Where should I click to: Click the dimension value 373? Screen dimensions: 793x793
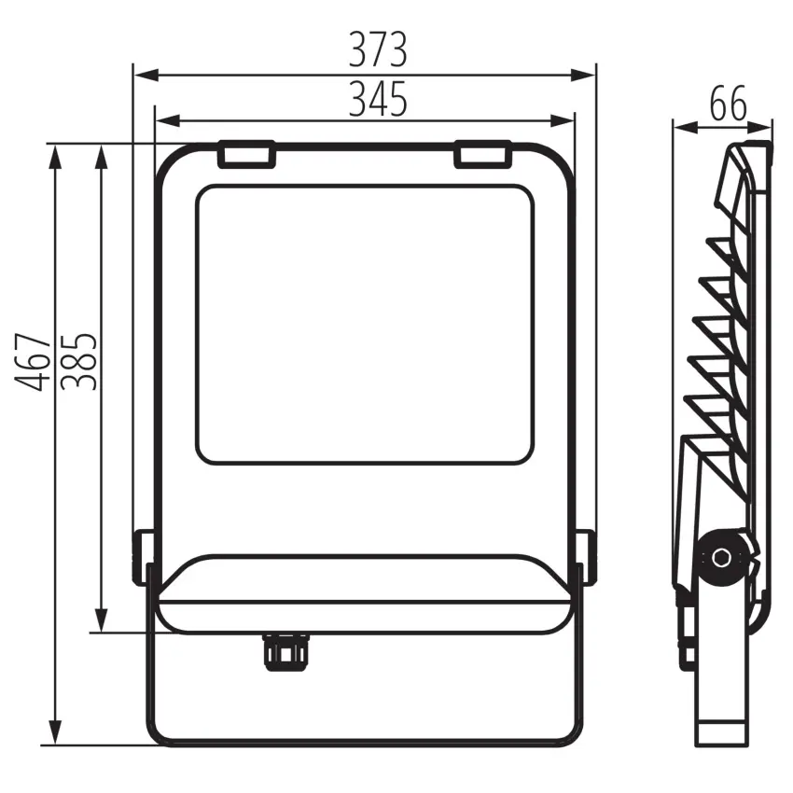pos(378,49)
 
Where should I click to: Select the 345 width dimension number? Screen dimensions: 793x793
pos(378,99)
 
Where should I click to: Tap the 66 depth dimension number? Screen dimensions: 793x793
pos(728,104)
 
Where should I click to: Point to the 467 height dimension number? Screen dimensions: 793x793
pos(34,362)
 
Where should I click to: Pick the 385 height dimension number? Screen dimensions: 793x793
pos(78,362)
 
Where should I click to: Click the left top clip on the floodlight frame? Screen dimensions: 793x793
pos(247,154)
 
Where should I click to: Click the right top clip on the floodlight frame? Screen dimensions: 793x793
pos(482,154)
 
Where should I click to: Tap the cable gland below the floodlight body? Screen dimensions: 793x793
pos(285,652)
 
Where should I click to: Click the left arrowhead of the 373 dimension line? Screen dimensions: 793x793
pos(146,76)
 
